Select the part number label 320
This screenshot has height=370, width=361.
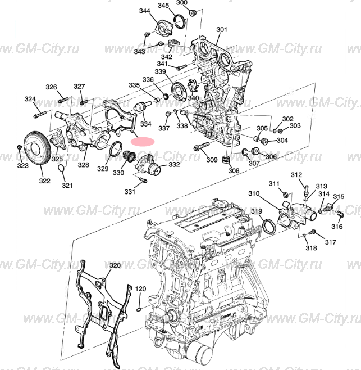point(114,265)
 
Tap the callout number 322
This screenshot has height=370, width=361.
point(44,181)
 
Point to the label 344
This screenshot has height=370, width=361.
point(144,11)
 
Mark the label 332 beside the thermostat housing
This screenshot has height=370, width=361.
point(174,165)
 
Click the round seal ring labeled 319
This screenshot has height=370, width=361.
point(270,227)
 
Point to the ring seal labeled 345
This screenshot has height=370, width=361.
point(180,22)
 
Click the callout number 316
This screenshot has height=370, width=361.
point(336,227)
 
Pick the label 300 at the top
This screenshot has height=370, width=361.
point(182,3)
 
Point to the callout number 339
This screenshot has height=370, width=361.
point(160,72)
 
